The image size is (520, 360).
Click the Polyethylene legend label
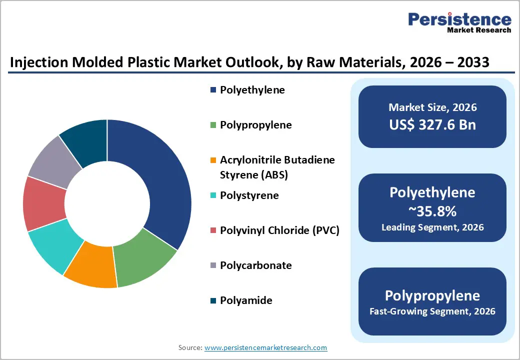tap(252, 90)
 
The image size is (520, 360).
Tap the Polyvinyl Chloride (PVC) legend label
tap(279, 230)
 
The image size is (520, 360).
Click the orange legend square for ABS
tap(213, 160)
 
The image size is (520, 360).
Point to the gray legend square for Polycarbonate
tap(213, 265)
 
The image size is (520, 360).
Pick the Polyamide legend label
tap(246, 300)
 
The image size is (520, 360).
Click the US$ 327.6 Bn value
tap(432, 125)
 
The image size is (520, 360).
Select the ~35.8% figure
tap(432, 212)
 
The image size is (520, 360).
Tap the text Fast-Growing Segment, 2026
tap(432, 311)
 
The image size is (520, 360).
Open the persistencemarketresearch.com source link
tap(265, 347)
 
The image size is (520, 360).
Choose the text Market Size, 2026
tap(432, 107)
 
